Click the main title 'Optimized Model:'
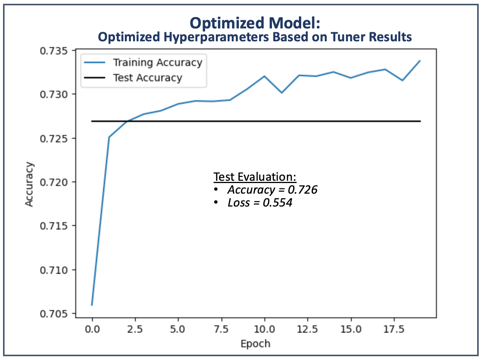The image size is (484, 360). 255,23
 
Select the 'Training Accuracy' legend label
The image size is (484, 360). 157,62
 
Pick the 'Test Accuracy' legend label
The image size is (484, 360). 148,78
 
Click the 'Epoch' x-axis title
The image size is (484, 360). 256,344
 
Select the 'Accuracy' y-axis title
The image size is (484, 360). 30,185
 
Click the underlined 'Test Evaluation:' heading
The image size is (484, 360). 255,177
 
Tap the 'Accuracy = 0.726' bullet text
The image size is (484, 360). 272,189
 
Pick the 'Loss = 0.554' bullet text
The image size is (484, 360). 260,203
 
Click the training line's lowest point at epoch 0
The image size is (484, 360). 92,305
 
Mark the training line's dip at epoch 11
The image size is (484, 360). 281,92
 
